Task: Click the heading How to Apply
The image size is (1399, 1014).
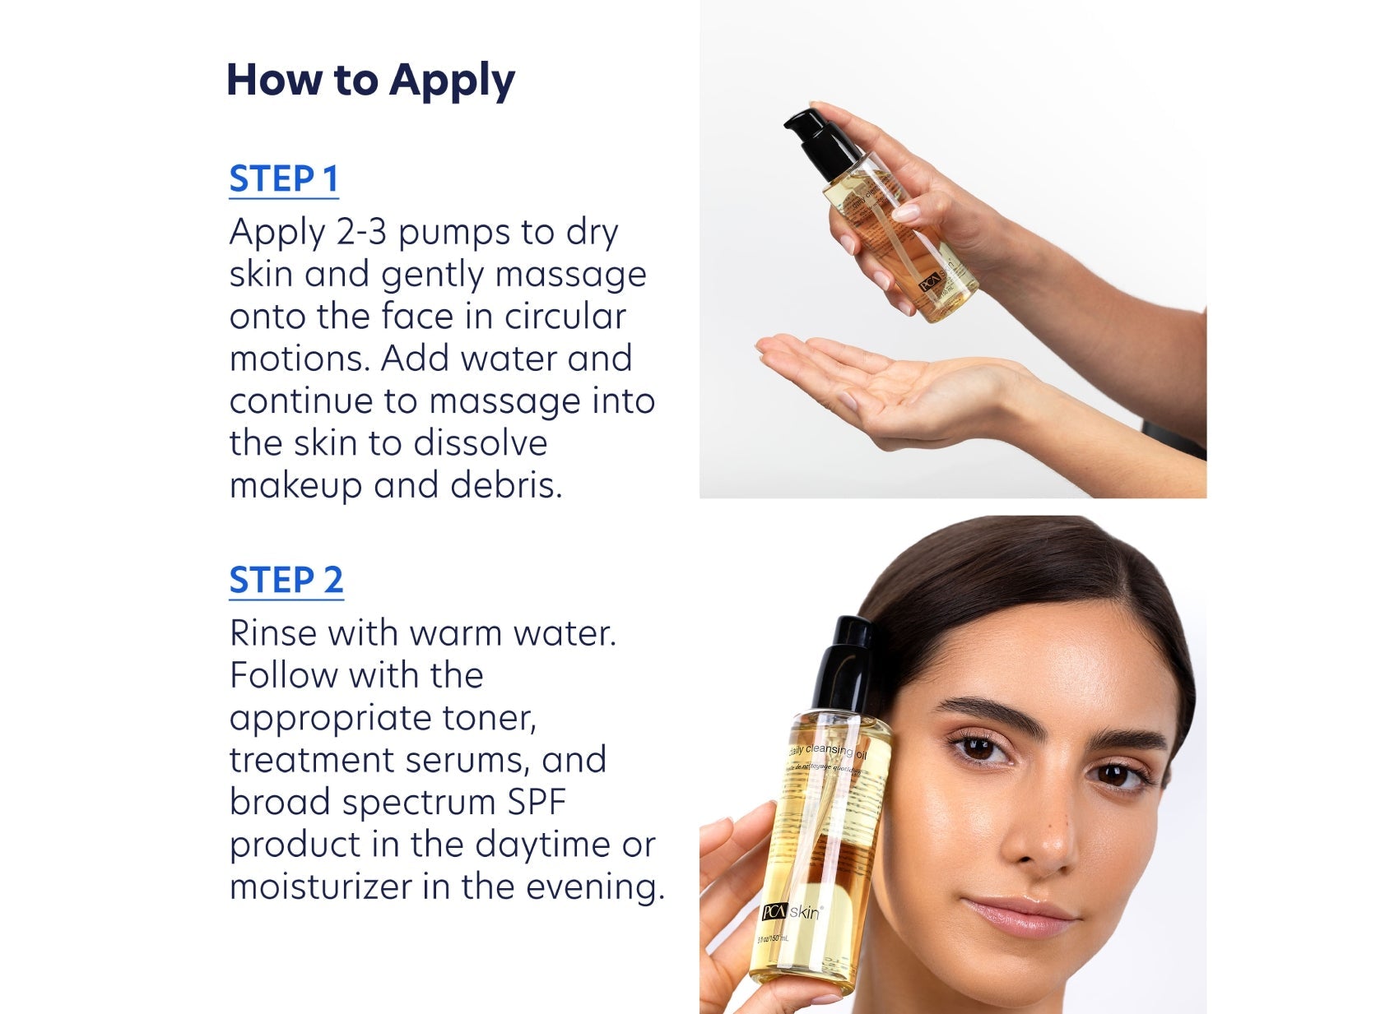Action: coord(370,81)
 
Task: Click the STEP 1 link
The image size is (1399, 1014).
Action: coord(284,179)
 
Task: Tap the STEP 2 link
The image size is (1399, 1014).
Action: coord(286,581)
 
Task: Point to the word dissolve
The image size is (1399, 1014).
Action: coord(480,443)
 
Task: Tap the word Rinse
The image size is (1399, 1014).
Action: coord(272,633)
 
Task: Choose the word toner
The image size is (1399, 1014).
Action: coord(489,718)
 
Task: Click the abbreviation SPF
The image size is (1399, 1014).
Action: coord(536,803)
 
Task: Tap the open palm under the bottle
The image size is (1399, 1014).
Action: coord(872,378)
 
